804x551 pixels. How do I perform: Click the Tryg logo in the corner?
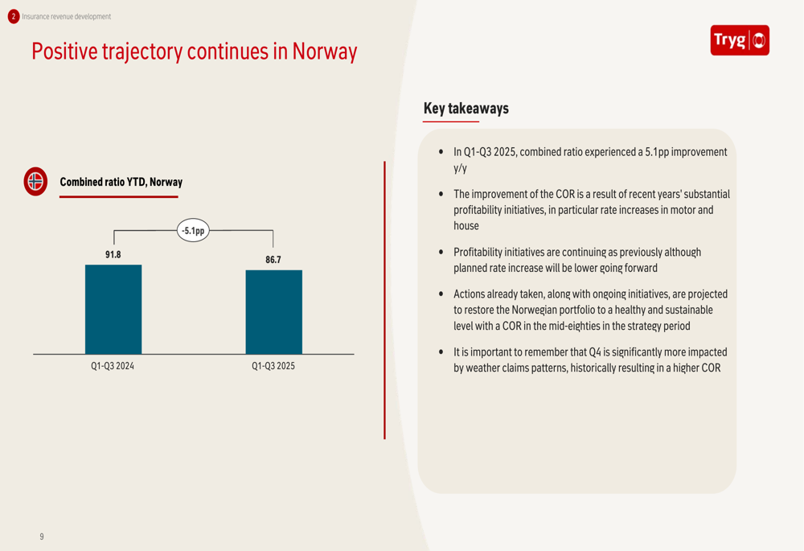coord(740,40)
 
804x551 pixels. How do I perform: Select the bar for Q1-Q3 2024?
coord(113,310)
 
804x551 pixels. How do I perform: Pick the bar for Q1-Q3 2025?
coord(273,312)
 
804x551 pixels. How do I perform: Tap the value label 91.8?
coord(113,255)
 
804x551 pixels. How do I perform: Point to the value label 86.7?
coord(273,260)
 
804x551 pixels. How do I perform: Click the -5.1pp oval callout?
coord(193,231)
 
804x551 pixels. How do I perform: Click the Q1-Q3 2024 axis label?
coord(113,367)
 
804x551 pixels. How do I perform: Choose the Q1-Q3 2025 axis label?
coord(273,367)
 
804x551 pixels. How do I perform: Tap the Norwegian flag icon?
coord(35,182)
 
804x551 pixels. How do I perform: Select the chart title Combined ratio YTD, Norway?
coord(121,182)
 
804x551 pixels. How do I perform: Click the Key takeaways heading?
coord(466,109)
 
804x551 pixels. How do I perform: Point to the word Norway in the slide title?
coord(324,51)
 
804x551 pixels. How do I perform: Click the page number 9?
coord(42,537)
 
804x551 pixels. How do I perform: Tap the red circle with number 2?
coord(13,16)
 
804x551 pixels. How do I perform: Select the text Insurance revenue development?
coord(67,16)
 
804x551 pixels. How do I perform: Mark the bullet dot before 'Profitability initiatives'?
coord(441,253)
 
